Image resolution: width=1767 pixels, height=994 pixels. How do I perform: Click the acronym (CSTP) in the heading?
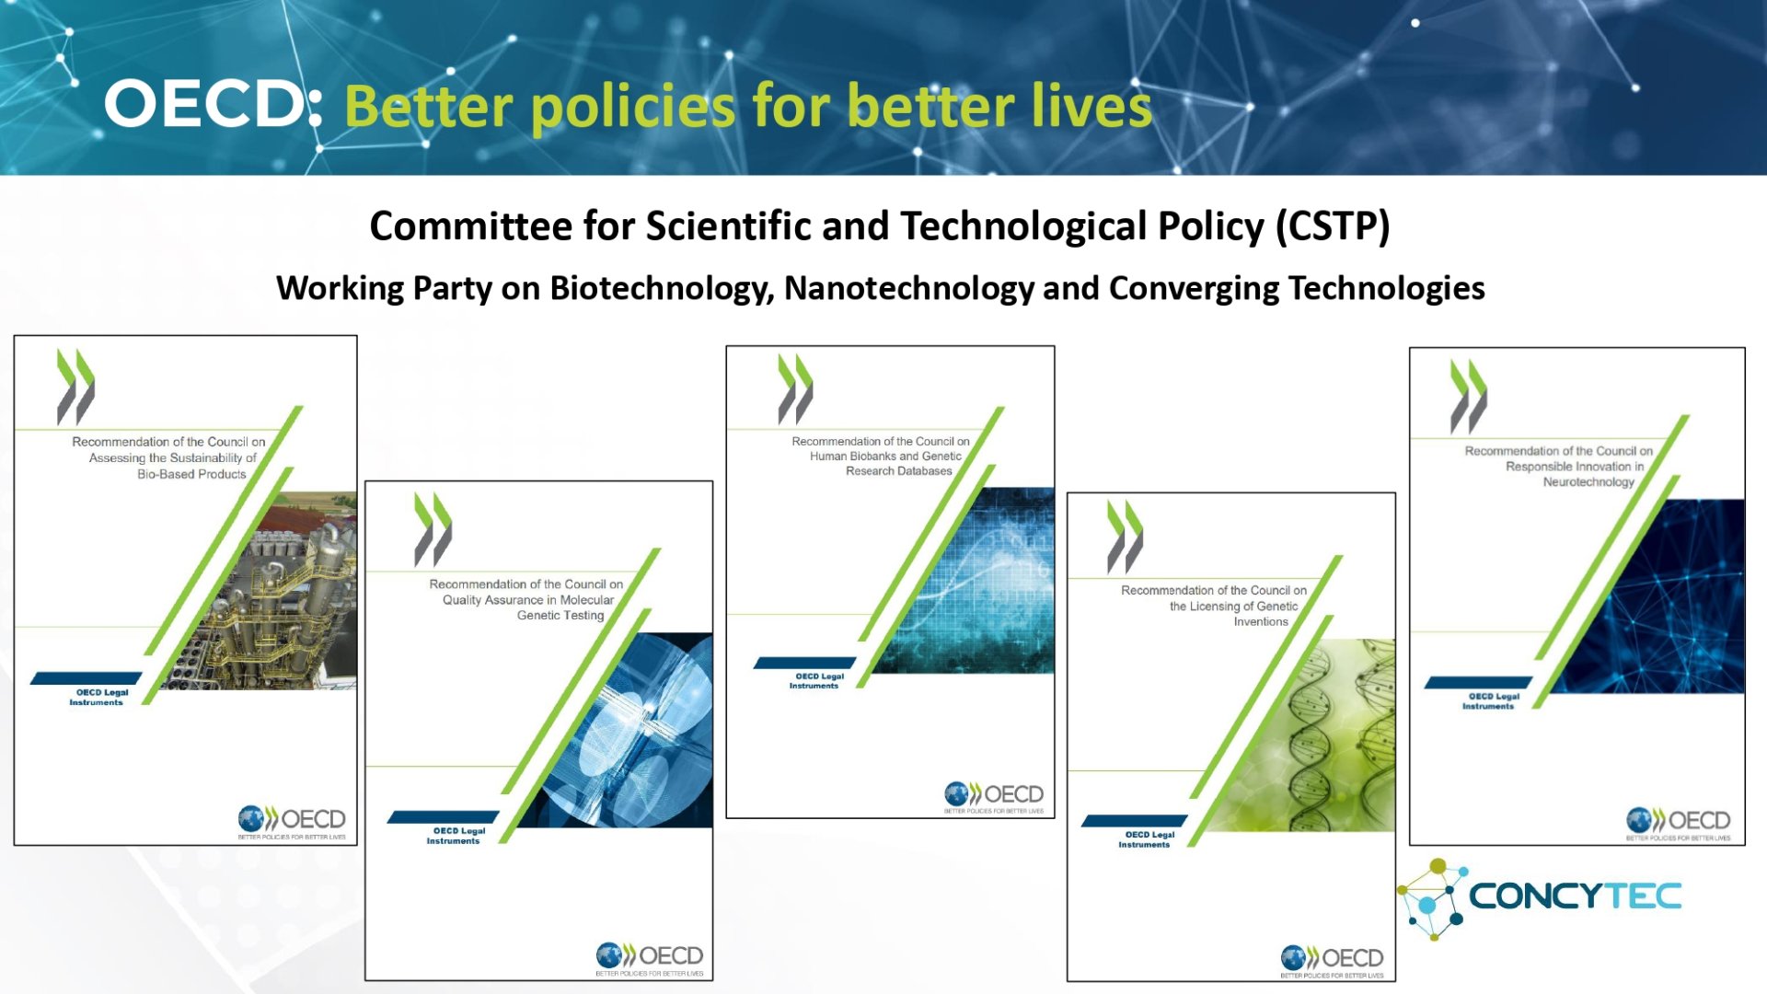tap(1333, 226)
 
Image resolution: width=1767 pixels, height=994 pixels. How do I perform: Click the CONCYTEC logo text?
tap(1575, 896)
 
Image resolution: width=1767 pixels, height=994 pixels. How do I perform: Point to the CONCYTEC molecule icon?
tap(1430, 898)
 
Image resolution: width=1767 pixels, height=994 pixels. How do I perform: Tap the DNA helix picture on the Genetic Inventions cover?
tap(1325, 736)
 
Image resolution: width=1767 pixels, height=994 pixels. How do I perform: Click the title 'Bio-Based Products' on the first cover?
tap(191, 474)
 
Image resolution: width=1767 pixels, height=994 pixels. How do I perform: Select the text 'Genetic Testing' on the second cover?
tap(560, 615)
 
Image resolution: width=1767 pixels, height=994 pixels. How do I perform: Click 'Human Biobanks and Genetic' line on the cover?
tap(885, 456)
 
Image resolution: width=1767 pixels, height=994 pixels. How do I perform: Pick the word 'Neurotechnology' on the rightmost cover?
tap(1588, 481)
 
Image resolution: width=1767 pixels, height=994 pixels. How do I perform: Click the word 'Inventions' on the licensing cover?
tap(1261, 621)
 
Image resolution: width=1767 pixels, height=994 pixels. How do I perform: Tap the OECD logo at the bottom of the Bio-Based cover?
tap(292, 820)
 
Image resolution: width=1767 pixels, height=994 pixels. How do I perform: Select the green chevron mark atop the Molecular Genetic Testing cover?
tap(433, 528)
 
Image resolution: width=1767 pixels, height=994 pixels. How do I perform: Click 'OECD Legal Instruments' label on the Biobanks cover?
tap(815, 681)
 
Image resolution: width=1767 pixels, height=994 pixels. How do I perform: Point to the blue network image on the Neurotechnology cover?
tap(1657, 598)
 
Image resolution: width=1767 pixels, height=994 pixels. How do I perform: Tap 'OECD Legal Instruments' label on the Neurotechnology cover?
tap(1490, 701)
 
